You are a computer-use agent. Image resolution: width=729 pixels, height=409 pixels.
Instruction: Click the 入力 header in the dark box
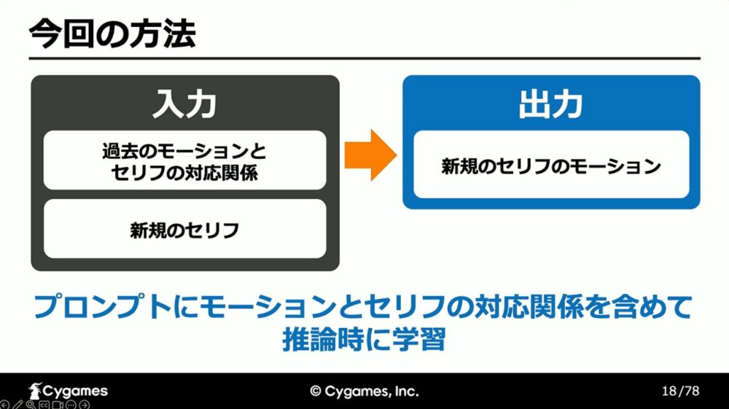184,104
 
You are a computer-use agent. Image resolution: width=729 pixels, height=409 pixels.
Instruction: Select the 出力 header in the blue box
551,104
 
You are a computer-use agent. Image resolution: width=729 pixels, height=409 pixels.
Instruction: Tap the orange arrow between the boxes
370,155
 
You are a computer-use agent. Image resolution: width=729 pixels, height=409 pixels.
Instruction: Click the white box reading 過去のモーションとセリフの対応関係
184,160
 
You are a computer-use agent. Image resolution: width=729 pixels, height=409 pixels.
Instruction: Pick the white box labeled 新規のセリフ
184,229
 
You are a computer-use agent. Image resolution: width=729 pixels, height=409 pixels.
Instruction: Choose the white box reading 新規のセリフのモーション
551,165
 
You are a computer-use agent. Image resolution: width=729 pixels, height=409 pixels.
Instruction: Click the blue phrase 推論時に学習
364,340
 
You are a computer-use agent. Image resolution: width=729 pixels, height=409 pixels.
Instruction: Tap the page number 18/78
680,391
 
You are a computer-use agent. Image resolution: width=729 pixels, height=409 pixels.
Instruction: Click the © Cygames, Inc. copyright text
364,392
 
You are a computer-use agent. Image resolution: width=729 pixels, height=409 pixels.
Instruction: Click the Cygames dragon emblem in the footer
35,391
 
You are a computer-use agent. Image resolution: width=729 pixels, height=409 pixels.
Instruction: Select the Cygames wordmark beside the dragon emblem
75,392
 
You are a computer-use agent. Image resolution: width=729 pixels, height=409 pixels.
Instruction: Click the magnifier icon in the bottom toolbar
31,405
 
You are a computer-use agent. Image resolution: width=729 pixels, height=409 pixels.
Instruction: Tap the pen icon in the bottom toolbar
17,405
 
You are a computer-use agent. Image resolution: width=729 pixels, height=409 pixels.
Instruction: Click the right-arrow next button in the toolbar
84,405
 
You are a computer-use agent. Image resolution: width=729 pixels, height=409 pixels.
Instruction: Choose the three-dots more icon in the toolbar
71,405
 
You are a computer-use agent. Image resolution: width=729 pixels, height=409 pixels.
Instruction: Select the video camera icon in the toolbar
58,405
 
